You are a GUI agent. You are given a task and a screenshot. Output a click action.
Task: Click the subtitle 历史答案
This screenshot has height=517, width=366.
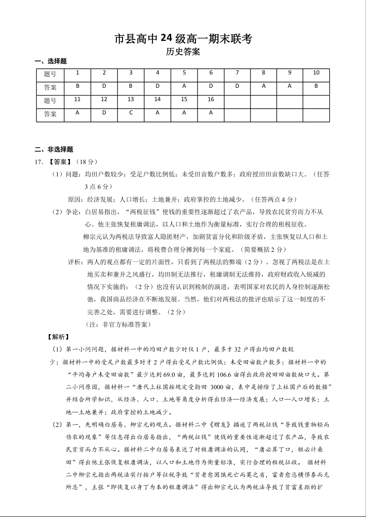tap(183, 52)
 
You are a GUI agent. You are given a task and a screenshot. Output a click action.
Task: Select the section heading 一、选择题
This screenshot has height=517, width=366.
tap(51, 61)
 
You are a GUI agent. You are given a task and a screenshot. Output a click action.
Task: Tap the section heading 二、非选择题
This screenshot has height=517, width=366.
tap(54, 149)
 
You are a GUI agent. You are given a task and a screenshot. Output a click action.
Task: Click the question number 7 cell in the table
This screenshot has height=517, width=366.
tap(237, 73)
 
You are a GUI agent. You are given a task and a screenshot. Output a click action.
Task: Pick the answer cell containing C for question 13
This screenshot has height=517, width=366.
tap(131, 112)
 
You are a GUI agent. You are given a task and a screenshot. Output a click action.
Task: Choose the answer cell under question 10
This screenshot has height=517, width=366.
tap(316, 85)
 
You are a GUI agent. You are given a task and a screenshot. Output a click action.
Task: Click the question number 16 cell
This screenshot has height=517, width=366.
tap(211, 99)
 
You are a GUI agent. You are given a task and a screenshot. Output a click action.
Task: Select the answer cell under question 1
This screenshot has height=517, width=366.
tap(77, 85)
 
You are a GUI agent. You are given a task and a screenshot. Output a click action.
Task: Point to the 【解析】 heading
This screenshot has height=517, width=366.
tap(58, 337)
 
